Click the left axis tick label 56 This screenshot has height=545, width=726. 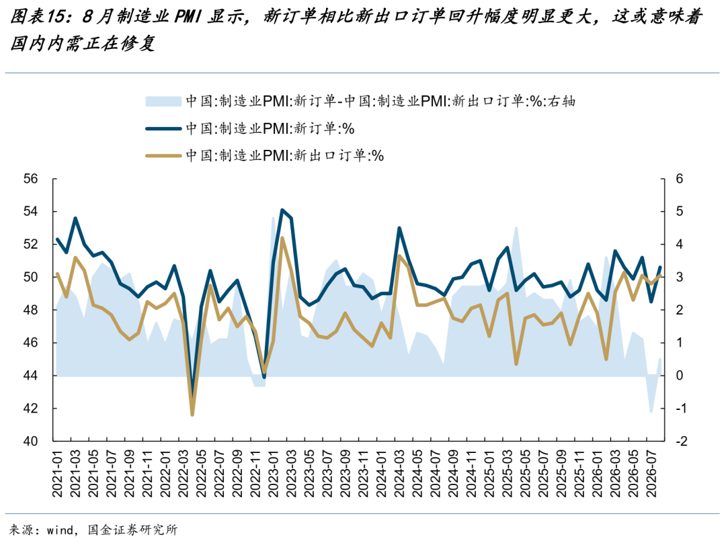tap(30, 179)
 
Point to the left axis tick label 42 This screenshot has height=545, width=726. tap(30, 409)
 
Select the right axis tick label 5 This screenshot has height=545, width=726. tap(680, 212)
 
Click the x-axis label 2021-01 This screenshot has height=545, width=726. tap(57, 474)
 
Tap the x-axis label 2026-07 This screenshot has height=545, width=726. tap(651, 474)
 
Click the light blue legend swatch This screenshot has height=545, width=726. tap(163, 101)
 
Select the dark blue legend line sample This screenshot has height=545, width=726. tap(163, 128)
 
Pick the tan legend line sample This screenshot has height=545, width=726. tap(163, 156)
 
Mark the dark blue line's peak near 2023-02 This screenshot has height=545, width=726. tap(282, 210)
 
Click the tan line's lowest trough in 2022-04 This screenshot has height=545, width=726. tap(192, 415)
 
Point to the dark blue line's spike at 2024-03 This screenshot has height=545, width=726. tap(399, 228)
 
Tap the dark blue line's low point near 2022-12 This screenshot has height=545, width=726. tap(264, 376)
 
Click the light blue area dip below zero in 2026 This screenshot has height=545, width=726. tap(651, 411)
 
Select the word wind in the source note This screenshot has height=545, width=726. tap(61, 530)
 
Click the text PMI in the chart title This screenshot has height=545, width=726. tap(188, 17)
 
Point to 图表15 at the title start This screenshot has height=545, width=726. tap(36, 17)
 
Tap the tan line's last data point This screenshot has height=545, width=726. tap(660, 276)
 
